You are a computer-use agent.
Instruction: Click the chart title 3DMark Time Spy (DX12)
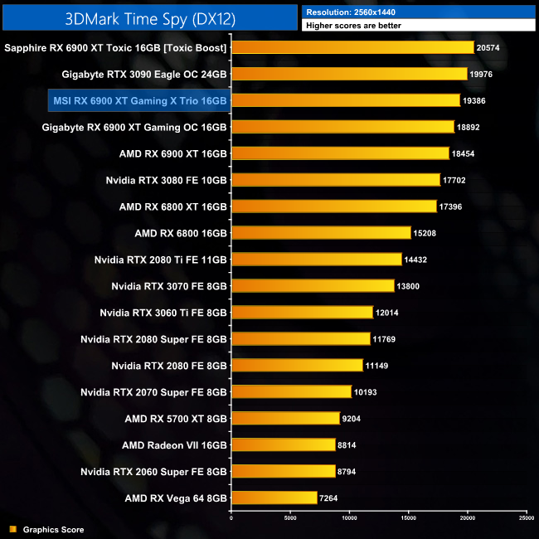click(x=148, y=16)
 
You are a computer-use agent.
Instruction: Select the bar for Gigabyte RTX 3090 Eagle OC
click(x=349, y=75)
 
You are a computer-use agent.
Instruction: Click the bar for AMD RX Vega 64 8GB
click(x=274, y=498)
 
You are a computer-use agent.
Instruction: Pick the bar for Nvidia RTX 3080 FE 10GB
click(x=335, y=180)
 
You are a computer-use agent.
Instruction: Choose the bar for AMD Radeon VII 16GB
click(x=283, y=444)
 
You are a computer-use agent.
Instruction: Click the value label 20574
click(x=489, y=48)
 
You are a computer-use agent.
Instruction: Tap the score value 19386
click(x=475, y=101)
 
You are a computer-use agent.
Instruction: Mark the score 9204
click(x=352, y=419)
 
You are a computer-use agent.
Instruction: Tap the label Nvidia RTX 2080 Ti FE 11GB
click(x=161, y=260)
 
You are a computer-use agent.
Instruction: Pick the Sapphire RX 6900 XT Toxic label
click(x=115, y=48)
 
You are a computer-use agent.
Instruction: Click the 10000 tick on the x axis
click(x=349, y=518)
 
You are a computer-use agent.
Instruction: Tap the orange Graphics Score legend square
click(x=12, y=529)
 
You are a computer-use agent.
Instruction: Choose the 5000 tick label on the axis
click(x=290, y=518)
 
